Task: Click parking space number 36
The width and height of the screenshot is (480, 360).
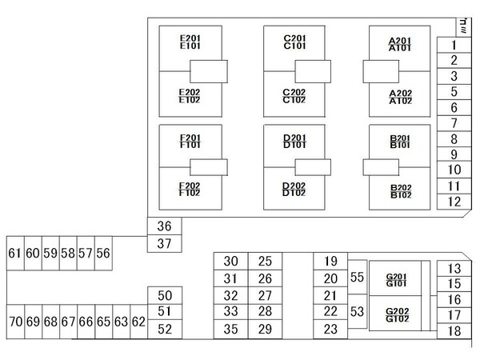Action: coord(165,226)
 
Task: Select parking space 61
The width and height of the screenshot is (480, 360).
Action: coord(14,253)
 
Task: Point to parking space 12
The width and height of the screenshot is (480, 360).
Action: coord(453,201)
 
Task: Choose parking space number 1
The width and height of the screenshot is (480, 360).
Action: coord(453,46)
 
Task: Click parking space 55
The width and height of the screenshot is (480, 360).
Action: coord(357,277)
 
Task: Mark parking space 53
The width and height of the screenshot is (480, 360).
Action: coord(357,311)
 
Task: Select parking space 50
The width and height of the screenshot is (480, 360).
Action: coord(165,295)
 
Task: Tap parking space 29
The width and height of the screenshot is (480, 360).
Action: coord(266,330)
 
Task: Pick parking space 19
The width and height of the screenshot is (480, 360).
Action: coord(330,261)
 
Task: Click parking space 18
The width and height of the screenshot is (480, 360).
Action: coord(454,330)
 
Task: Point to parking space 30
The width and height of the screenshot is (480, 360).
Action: coord(231,261)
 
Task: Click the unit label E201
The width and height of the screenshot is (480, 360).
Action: coord(190,38)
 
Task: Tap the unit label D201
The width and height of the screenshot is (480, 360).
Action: coord(294,138)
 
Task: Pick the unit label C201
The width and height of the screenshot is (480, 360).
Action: coord(294,38)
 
